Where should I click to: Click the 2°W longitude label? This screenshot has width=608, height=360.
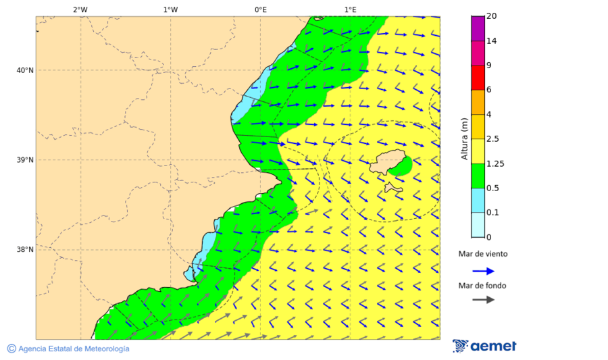pyautogui.click(x=80, y=9)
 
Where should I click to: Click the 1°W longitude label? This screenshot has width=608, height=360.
pyautogui.click(x=170, y=9)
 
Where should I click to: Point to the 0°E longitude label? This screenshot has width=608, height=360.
pyautogui.click(x=260, y=9)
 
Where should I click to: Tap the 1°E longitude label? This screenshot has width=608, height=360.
pyautogui.click(x=350, y=9)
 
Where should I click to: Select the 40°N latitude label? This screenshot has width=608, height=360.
pyautogui.click(x=25, y=70)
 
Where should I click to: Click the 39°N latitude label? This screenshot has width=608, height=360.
pyautogui.click(x=25, y=160)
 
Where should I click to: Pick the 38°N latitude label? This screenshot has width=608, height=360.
pyautogui.click(x=25, y=250)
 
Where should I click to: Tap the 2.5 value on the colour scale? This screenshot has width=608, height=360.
pyautogui.click(x=492, y=139)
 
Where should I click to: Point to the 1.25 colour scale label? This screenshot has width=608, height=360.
pyautogui.click(x=495, y=163)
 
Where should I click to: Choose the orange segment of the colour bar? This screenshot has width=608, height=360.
pyautogui.click(x=478, y=102)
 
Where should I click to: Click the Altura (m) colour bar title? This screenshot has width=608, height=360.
pyautogui.click(x=464, y=139)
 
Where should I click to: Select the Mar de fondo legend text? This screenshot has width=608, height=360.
pyautogui.click(x=482, y=286)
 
